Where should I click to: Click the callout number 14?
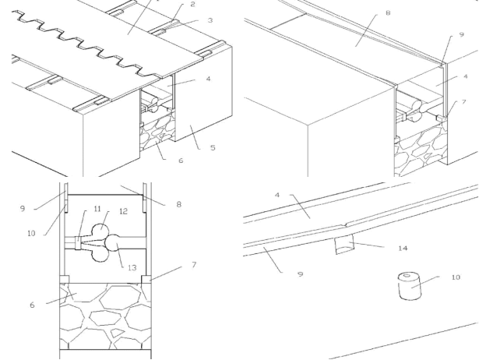403,248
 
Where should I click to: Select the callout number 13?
132,268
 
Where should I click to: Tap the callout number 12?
123,211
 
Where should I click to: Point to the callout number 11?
97,209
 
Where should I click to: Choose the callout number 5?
213,148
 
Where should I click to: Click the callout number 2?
192,4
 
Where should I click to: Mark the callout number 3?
210,20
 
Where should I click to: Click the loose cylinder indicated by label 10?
410,286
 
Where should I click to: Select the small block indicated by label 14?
344,244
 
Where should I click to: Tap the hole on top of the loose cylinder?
407,276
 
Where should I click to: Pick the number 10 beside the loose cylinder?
456,277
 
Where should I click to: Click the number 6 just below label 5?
181,161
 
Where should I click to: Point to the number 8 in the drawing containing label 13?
179,204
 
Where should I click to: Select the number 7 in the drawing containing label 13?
194,264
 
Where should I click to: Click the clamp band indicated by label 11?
78,243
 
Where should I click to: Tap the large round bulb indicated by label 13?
114,243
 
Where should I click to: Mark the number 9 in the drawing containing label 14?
301,274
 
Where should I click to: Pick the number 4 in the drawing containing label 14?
277,195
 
